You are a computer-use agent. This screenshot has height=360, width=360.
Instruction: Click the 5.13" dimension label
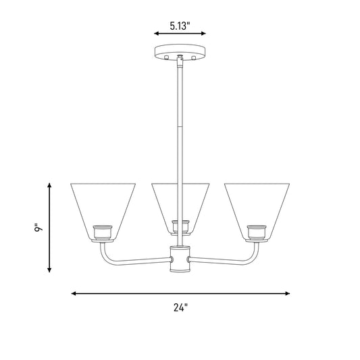tap(180, 26)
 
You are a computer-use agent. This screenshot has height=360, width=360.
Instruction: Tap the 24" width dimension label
tap(180, 307)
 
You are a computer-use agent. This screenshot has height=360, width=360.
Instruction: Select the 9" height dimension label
tap(38, 227)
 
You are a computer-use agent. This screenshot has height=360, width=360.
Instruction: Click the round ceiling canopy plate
tap(180, 53)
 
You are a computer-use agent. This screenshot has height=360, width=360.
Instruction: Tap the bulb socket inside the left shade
tap(103, 233)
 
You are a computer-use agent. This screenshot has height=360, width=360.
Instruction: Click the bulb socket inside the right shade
tap(257, 233)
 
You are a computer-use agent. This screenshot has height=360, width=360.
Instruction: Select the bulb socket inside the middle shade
tap(181, 228)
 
